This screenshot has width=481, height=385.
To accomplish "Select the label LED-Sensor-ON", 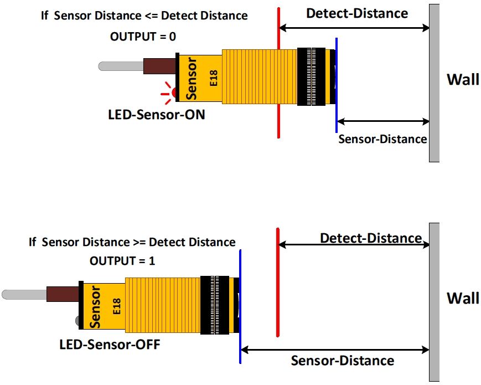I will click(157, 115).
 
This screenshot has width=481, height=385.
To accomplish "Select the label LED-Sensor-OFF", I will click(110, 345).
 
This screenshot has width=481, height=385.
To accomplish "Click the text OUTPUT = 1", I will click(123, 261).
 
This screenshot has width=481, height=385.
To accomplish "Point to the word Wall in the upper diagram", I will click(463, 79).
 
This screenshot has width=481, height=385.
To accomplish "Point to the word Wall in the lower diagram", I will click(463, 298).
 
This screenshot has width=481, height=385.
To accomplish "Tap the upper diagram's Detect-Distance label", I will click(357, 13).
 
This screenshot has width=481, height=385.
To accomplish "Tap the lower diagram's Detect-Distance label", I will click(371, 238).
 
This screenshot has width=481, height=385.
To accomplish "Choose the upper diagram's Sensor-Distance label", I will click(382, 138).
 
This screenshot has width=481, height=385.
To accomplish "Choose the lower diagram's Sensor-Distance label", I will click(343, 361).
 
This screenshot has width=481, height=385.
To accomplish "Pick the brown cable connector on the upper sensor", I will click(159, 66).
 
